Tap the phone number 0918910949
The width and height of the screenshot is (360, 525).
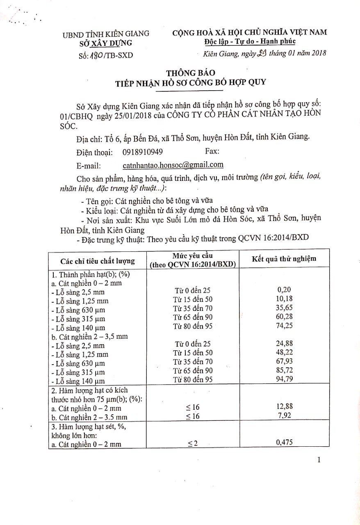point(142,152)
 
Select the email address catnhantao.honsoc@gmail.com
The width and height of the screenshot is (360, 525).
point(173,165)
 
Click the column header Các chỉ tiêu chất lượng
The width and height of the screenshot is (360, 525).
point(97,261)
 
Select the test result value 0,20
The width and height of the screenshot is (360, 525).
point(284,290)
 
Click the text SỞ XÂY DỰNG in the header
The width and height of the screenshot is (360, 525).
point(106,43)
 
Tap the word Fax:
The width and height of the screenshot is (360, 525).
point(212,151)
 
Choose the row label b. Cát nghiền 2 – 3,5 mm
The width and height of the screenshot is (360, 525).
point(93,336)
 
